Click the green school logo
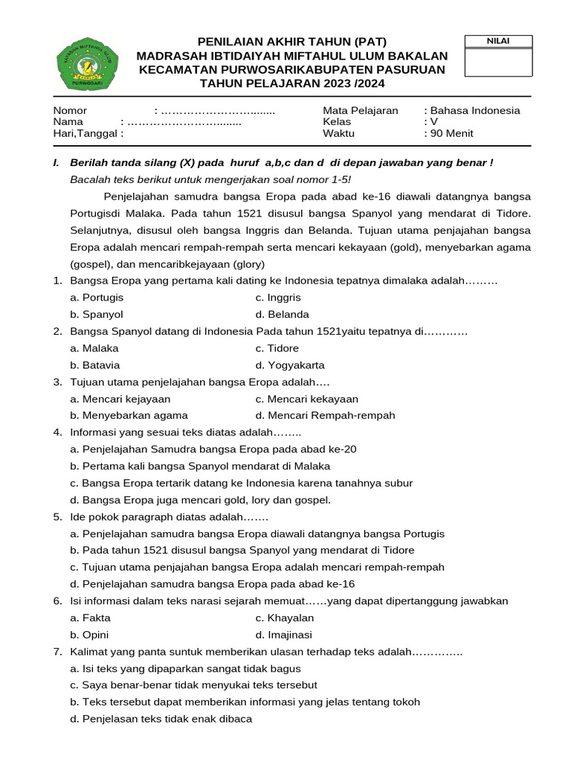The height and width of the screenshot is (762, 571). pyautogui.click(x=88, y=64)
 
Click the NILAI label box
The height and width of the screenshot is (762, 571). pyautogui.click(x=498, y=41)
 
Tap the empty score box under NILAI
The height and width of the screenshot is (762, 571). pyautogui.click(x=498, y=63)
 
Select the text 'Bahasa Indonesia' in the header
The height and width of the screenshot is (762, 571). pyautogui.click(x=475, y=110)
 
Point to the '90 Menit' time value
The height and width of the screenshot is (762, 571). pyautogui.click(x=451, y=133)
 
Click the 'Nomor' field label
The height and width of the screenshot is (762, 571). pyautogui.click(x=70, y=110)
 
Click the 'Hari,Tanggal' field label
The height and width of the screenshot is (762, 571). pyautogui.click(x=87, y=133)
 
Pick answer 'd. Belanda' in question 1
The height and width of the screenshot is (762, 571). pyautogui.click(x=282, y=314)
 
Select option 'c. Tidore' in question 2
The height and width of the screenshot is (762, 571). pyautogui.click(x=277, y=348)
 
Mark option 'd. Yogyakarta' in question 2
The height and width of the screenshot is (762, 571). pyautogui.click(x=290, y=365)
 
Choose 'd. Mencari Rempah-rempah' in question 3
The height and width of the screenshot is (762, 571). pyautogui.click(x=325, y=415)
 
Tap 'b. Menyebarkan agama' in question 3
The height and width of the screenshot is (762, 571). pyautogui.click(x=129, y=415)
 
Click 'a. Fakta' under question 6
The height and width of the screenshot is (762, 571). pyautogui.click(x=90, y=618)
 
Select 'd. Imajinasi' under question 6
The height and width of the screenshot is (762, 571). pyautogui.click(x=283, y=635)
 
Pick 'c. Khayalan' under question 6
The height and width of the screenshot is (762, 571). pyautogui.click(x=285, y=618)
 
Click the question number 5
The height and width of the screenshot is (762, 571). pyautogui.click(x=57, y=516)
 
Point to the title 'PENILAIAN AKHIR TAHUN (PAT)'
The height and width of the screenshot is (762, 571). pyautogui.click(x=291, y=41)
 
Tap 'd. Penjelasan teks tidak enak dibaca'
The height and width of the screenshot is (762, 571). pyautogui.click(x=161, y=719)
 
